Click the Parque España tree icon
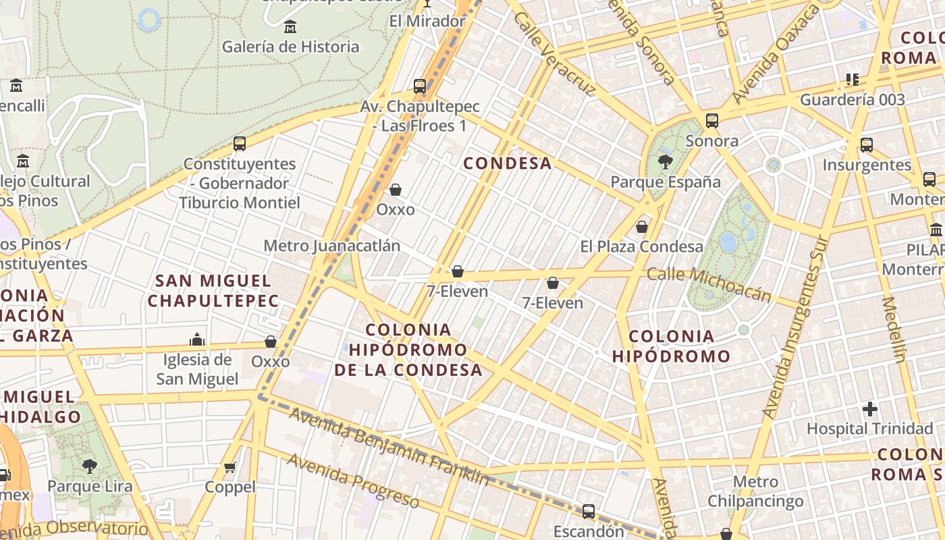(x=665, y=161)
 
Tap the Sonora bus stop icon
(x=711, y=121)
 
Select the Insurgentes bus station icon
(x=867, y=144)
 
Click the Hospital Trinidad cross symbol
(x=870, y=408)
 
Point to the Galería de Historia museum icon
(x=290, y=27)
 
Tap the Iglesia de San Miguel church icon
(x=197, y=339)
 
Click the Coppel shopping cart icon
(x=230, y=467)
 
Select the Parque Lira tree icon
(x=89, y=466)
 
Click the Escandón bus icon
(x=588, y=512)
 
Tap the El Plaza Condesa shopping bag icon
(x=642, y=227)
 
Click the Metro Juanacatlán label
(x=332, y=246)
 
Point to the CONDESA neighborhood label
(x=508, y=163)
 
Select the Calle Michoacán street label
(x=709, y=283)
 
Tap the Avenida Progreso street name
(x=353, y=481)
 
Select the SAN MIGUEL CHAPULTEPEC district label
(x=213, y=291)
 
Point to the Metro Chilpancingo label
(x=755, y=491)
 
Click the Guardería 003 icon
(x=852, y=80)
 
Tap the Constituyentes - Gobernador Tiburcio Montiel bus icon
(x=239, y=143)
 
